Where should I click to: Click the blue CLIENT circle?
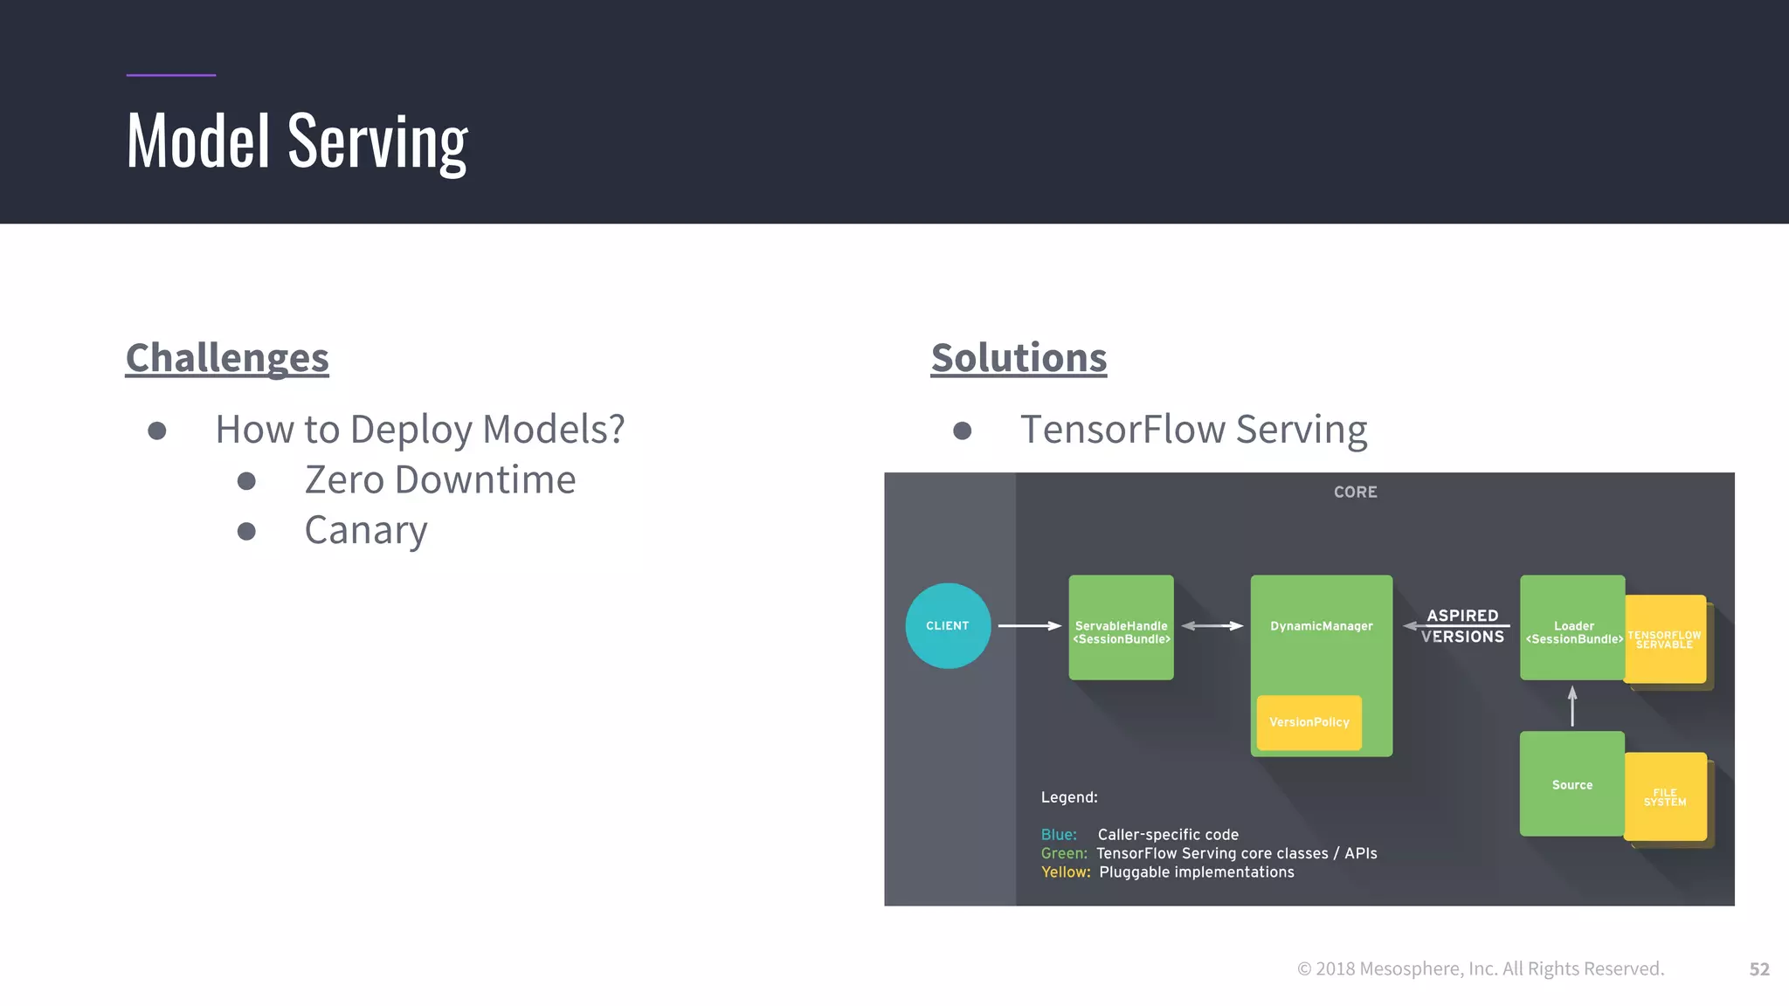[x=948, y=626]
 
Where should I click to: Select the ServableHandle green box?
[x=1121, y=627]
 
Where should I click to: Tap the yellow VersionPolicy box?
[x=1309, y=722]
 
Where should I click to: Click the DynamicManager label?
[x=1321, y=626]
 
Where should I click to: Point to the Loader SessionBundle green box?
[x=1571, y=627]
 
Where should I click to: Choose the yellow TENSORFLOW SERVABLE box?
[x=1665, y=639]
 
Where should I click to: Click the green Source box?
[x=1571, y=784]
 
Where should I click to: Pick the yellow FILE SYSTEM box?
[x=1665, y=796]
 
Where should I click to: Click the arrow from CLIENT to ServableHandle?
[x=1029, y=626]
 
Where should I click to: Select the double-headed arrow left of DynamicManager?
[x=1212, y=626]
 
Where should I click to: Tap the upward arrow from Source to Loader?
[x=1572, y=706]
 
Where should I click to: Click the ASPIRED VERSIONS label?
[x=1462, y=626]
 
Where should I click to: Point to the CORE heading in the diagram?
[x=1355, y=493]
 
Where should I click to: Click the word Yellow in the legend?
[x=1065, y=872]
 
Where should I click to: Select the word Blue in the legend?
[x=1058, y=835]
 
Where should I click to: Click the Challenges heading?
[x=227, y=358]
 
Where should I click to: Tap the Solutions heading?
[x=1019, y=358]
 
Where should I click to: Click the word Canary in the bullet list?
[x=366, y=530]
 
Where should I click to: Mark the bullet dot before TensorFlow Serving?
[x=962, y=431]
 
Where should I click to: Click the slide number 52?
[x=1758, y=969]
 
